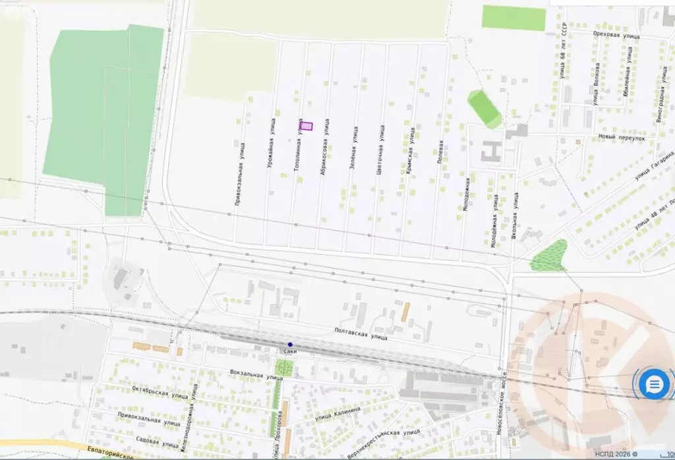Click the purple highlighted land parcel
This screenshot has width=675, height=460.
click(307, 126)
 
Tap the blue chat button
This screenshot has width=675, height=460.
click(654, 384)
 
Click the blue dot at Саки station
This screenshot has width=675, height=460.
click(290, 344)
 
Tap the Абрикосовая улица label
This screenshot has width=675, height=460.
click(324, 155)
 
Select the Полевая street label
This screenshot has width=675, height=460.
click(440, 153)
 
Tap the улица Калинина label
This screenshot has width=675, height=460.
click(337, 413)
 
